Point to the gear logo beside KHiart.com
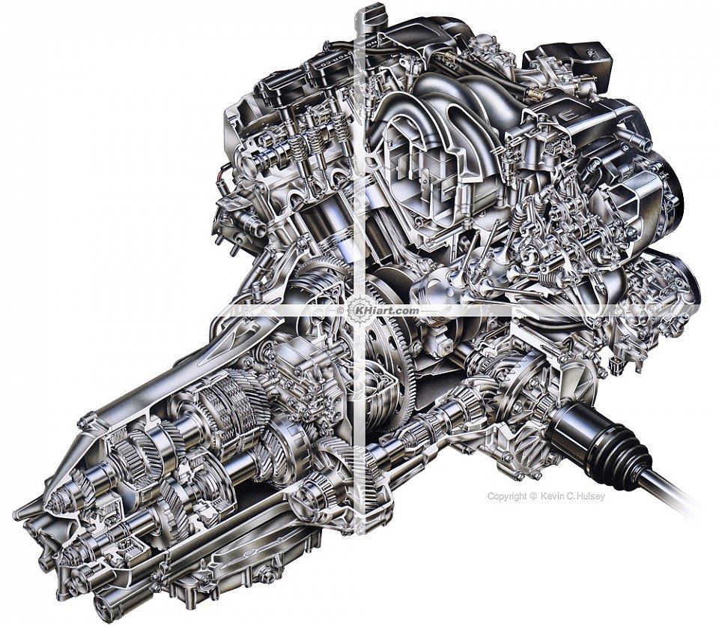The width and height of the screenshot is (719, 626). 354,310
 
